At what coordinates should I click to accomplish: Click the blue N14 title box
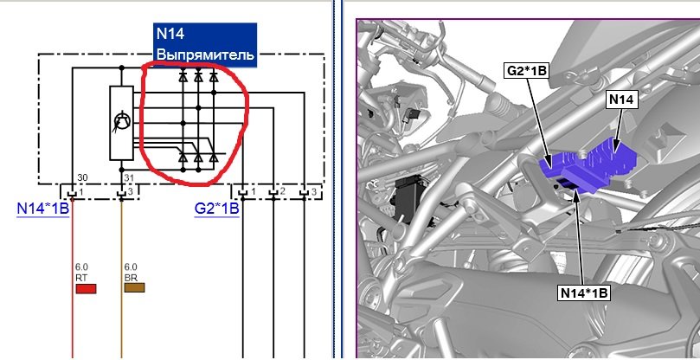[205, 45]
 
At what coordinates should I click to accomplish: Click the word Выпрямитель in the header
[206, 55]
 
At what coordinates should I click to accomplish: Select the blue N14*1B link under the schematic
[43, 209]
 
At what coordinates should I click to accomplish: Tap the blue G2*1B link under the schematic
[216, 209]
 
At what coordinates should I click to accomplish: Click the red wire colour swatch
[86, 288]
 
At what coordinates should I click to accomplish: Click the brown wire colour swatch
[134, 287]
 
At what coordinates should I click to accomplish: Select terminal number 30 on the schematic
[82, 177]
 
